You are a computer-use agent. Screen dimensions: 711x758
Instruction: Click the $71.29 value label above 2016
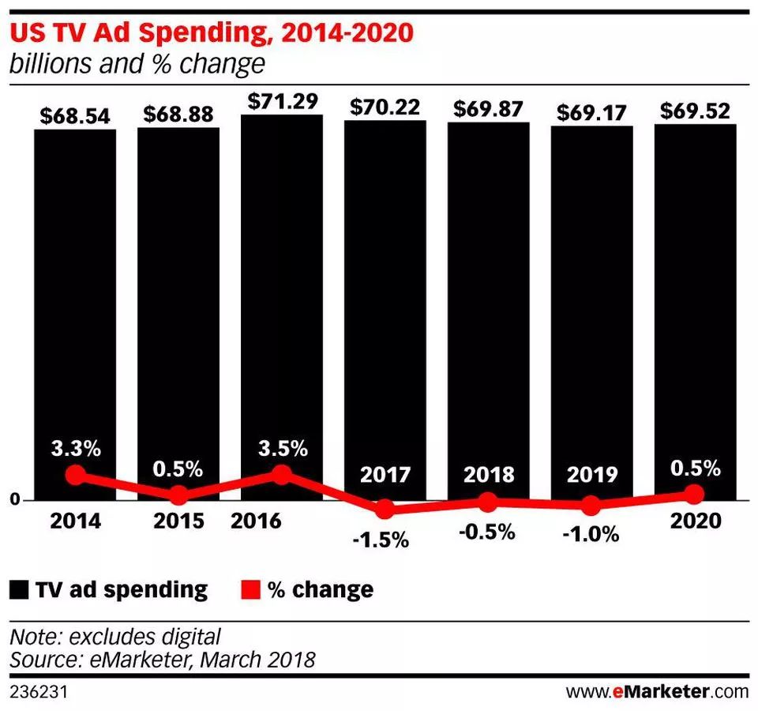tap(282, 101)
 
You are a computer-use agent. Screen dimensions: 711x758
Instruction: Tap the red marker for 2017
tap(385, 509)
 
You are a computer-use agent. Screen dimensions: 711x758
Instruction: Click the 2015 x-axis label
tap(178, 521)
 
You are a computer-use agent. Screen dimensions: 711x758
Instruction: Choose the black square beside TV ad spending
tap(19, 589)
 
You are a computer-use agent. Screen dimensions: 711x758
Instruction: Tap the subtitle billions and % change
tap(137, 64)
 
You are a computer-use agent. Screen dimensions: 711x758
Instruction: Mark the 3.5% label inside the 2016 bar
tap(282, 450)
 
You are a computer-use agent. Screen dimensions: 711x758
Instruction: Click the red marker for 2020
tap(694, 494)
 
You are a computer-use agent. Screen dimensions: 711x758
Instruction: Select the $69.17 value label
tap(591, 112)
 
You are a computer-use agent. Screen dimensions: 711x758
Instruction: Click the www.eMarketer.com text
tap(656, 692)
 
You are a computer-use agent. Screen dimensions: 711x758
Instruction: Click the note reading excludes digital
tap(115, 637)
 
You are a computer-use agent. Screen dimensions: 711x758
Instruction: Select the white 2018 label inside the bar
tap(488, 475)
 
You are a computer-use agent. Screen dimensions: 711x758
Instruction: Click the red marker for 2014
tap(75, 475)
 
